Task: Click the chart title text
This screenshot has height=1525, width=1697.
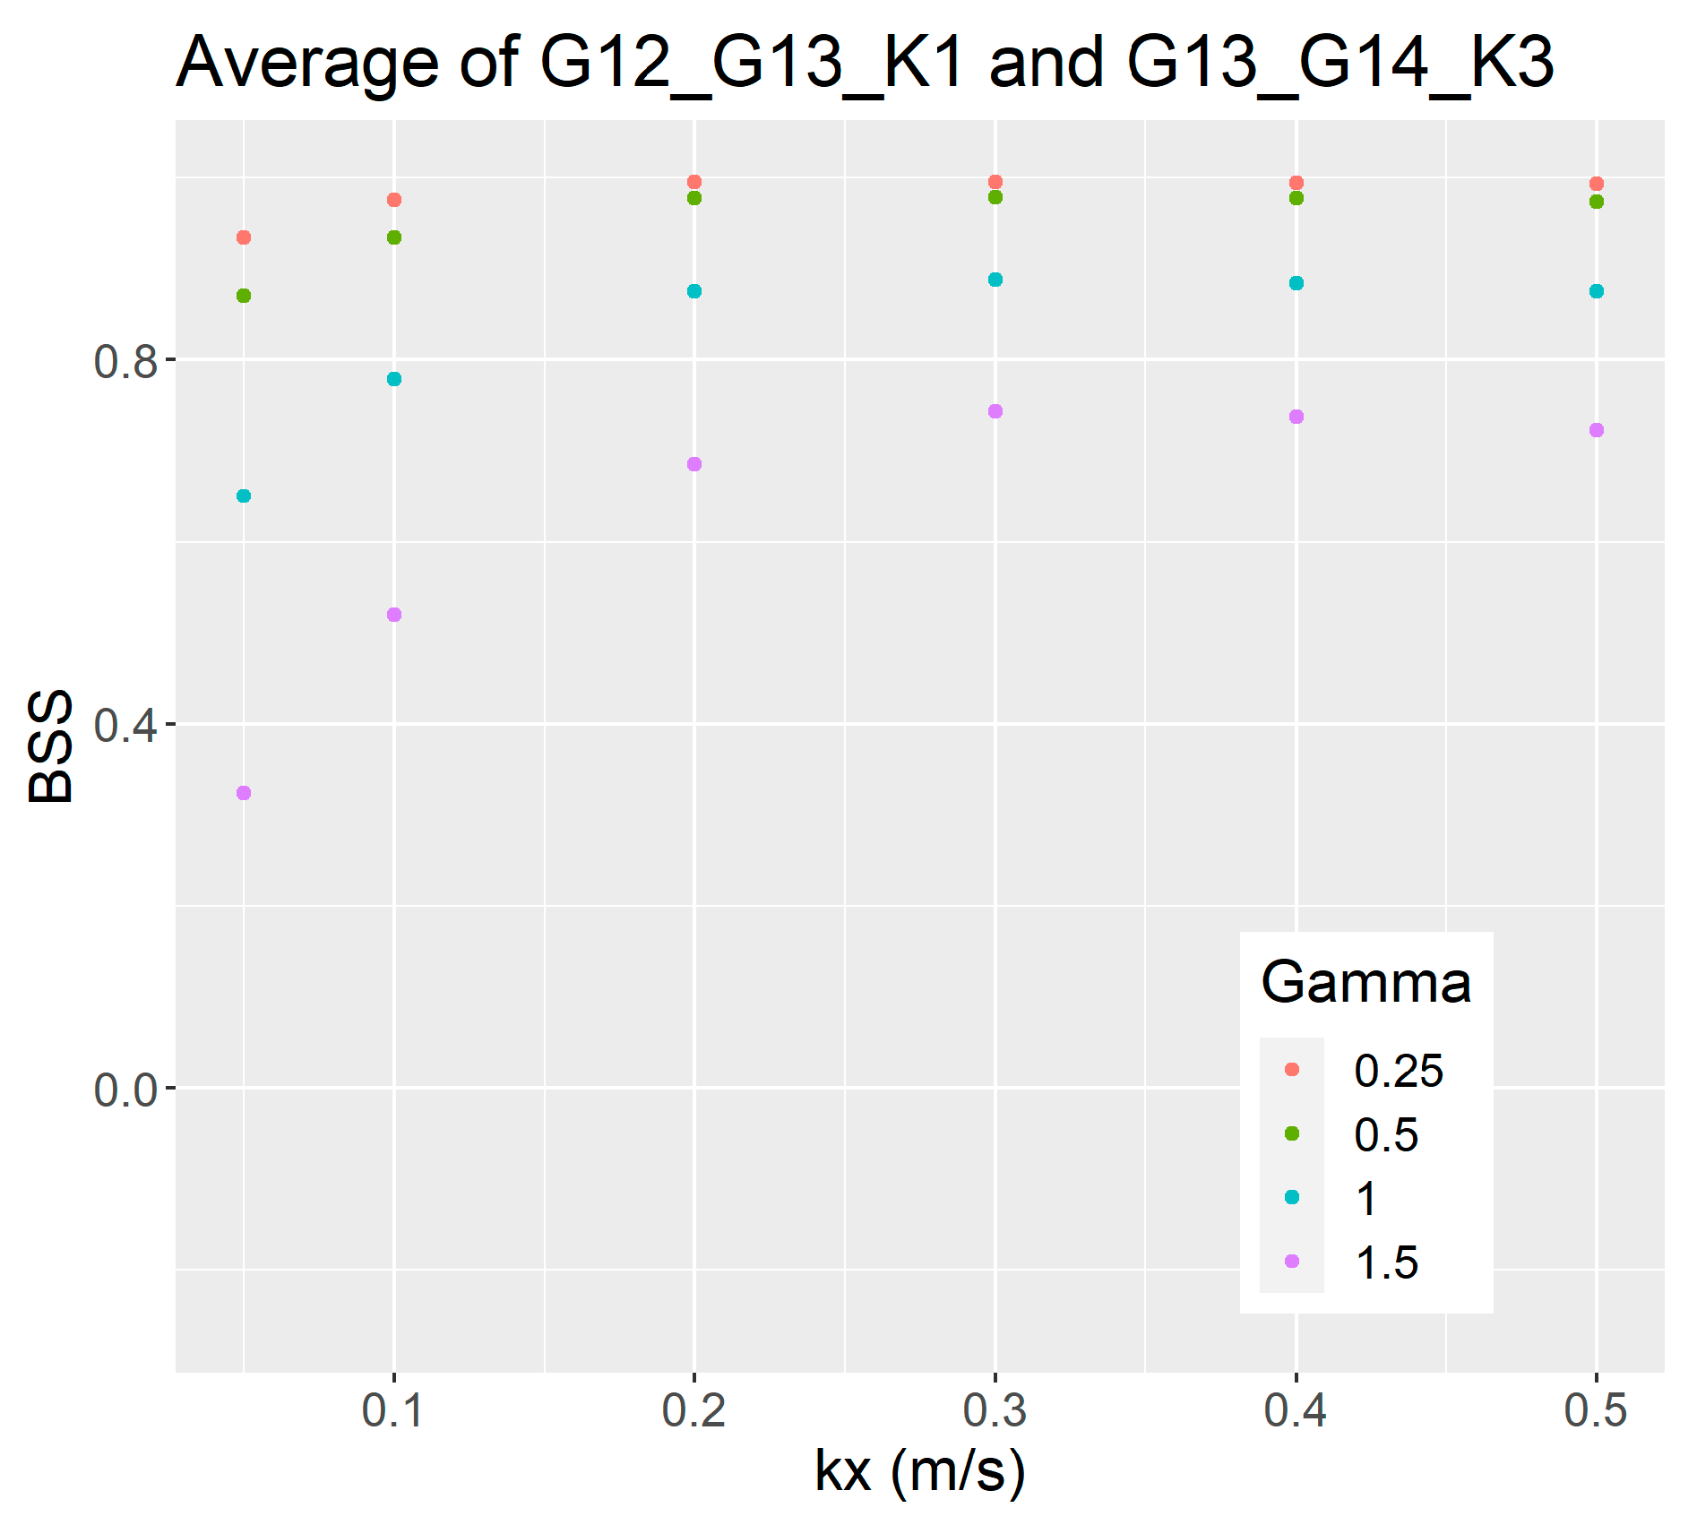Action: [865, 63]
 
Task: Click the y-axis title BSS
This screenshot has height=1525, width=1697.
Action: [50, 745]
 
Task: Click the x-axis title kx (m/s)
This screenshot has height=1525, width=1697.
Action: [919, 1471]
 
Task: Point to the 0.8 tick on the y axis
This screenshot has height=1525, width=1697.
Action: [125, 361]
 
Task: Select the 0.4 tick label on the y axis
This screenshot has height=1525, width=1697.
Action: [125, 725]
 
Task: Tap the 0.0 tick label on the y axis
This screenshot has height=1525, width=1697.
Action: [125, 1090]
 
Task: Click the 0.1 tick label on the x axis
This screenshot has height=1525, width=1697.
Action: [392, 1410]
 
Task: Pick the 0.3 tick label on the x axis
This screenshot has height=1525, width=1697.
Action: [995, 1410]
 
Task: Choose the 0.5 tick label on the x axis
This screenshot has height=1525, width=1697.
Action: [1596, 1410]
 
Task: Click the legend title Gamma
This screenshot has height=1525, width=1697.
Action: [1365, 983]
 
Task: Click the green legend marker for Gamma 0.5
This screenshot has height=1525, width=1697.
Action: [1292, 1133]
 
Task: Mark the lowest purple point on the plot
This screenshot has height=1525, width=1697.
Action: [244, 793]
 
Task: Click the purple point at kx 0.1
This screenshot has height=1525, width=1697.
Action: [394, 615]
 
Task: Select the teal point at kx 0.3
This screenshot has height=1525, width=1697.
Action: [995, 280]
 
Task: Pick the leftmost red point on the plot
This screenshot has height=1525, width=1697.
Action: [244, 237]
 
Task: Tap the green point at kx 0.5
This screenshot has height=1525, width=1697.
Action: [1597, 202]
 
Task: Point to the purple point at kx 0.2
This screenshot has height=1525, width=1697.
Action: [694, 464]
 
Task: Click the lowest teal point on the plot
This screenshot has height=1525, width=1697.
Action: [244, 495]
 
